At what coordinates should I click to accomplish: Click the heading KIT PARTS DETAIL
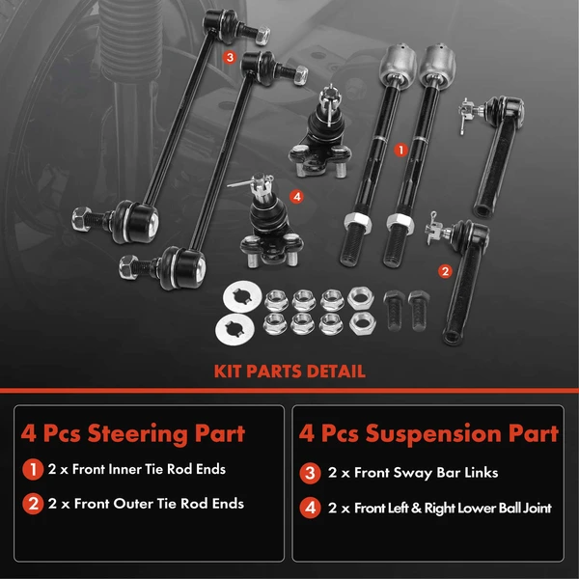click(289, 371)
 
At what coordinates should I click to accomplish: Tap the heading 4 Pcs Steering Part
click(133, 432)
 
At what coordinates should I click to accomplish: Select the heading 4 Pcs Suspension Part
click(429, 432)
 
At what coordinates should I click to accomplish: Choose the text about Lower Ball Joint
click(442, 507)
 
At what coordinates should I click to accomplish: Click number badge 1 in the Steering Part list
click(32, 471)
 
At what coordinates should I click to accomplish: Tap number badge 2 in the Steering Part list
click(32, 504)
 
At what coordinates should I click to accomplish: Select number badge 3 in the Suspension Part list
click(311, 473)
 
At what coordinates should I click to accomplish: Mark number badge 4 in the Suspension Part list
click(311, 507)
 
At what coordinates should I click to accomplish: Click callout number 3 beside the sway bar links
click(229, 57)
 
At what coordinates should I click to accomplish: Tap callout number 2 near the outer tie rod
click(445, 271)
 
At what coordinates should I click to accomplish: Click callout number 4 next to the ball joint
click(296, 196)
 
